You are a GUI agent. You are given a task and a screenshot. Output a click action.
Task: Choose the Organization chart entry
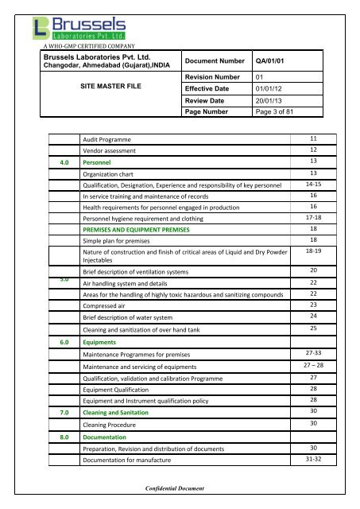click(115, 173)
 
